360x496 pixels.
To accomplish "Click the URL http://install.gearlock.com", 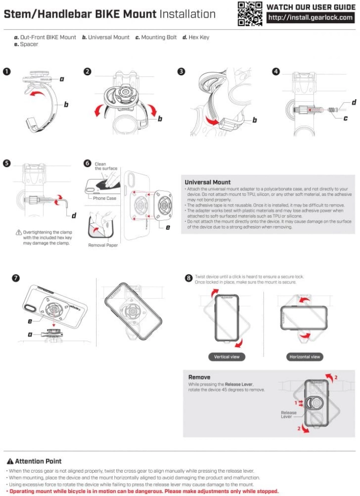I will click(310, 18).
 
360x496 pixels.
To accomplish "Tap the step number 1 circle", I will click(7, 71).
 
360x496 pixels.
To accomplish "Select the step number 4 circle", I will click(276, 71).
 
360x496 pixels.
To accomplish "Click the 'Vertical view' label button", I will click(227, 357).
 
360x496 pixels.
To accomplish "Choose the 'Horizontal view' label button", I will click(305, 357).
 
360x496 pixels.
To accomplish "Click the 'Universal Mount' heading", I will click(207, 182).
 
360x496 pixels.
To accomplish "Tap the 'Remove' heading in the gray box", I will click(199, 377).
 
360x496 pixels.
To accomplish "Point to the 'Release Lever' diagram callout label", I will click(289, 415).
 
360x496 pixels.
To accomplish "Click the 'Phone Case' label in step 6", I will click(105, 198).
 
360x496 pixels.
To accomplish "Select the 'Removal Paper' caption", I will click(103, 245).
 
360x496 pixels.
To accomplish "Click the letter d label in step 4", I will click(353, 103).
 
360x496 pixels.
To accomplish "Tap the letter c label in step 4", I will click(345, 118).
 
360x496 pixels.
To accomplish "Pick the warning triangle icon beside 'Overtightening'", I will click(19, 232).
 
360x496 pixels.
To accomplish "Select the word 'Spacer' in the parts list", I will click(29, 45).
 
